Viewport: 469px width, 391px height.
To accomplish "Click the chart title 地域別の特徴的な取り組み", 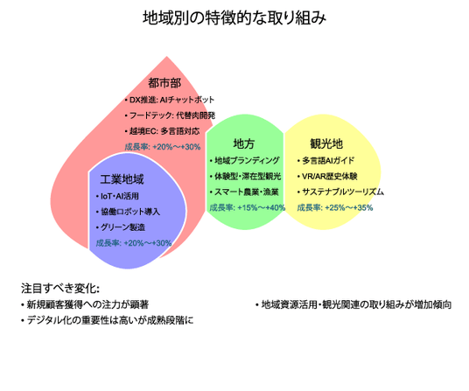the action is [x=234, y=18].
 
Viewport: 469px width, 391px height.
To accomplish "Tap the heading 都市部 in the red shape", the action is [x=164, y=83].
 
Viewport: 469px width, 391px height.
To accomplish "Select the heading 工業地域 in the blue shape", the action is [x=122, y=179].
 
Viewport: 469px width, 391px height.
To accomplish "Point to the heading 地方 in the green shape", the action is [x=244, y=143].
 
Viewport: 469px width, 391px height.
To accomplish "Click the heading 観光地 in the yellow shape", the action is [x=326, y=143].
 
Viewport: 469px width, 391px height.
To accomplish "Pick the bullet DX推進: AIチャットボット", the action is [x=170, y=100].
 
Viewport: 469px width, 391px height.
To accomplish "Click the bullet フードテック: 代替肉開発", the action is [x=170, y=115].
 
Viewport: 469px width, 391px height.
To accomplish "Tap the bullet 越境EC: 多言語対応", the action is [x=162, y=131].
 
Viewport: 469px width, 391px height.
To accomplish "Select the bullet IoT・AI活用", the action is [x=117, y=196].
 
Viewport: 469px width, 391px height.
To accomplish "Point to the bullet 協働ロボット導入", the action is [x=128, y=212].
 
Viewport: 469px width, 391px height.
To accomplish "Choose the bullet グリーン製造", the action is [x=121, y=227].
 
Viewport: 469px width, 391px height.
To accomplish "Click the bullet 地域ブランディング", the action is [x=244, y=161].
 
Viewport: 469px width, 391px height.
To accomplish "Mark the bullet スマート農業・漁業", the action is [x=244, y=192].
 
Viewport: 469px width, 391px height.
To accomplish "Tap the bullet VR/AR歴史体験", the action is [x=327, y=177].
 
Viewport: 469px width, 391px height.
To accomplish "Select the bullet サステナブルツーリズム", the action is [x=340, y=192].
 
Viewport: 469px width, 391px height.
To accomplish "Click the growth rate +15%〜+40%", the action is [x=262, y=207].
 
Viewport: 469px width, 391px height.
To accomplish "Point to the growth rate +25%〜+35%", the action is [x=349, y=207].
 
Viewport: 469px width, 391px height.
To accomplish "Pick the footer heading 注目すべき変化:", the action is [x=60, y=289].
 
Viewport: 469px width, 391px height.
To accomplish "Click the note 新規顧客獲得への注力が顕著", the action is [x=85, y=305].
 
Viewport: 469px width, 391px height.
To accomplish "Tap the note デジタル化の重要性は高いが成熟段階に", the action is [x=107, y=320].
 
